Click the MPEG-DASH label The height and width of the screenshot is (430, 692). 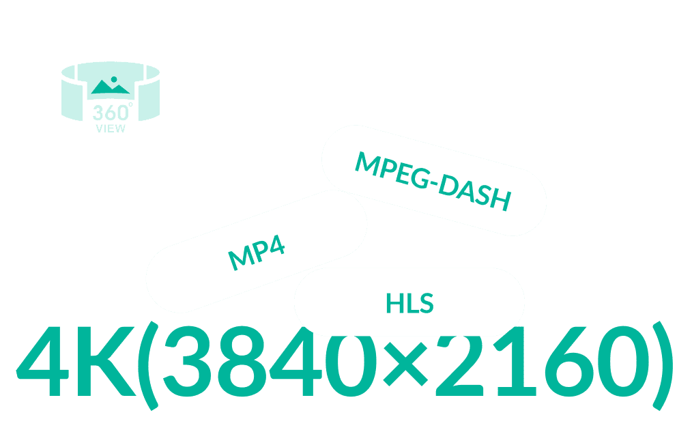tap(433, 182)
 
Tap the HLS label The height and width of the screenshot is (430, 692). tap(409, 303)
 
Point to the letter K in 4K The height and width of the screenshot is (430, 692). tap(106, 361)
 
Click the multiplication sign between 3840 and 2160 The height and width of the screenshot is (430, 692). tap(405, 364)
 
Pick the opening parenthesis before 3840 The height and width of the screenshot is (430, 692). tap(148, 366)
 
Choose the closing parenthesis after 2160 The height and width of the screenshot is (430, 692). tap(663, 366)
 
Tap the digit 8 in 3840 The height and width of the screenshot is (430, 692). tap(242, 361)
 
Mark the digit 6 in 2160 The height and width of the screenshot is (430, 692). tap(568, 361)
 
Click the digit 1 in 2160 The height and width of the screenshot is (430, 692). tap(515, 361)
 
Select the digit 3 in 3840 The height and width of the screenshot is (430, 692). tap(187, 361)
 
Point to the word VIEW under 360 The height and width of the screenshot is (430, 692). tap(111, 128)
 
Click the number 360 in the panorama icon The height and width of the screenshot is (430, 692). tap(110, 113)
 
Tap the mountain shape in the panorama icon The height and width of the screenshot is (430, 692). tap(111, 87)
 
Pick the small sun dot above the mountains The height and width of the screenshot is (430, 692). tap(114, 79)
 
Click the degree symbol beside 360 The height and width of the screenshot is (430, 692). tap(130, 104)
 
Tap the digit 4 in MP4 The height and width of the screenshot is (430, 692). tap(276, 244)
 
